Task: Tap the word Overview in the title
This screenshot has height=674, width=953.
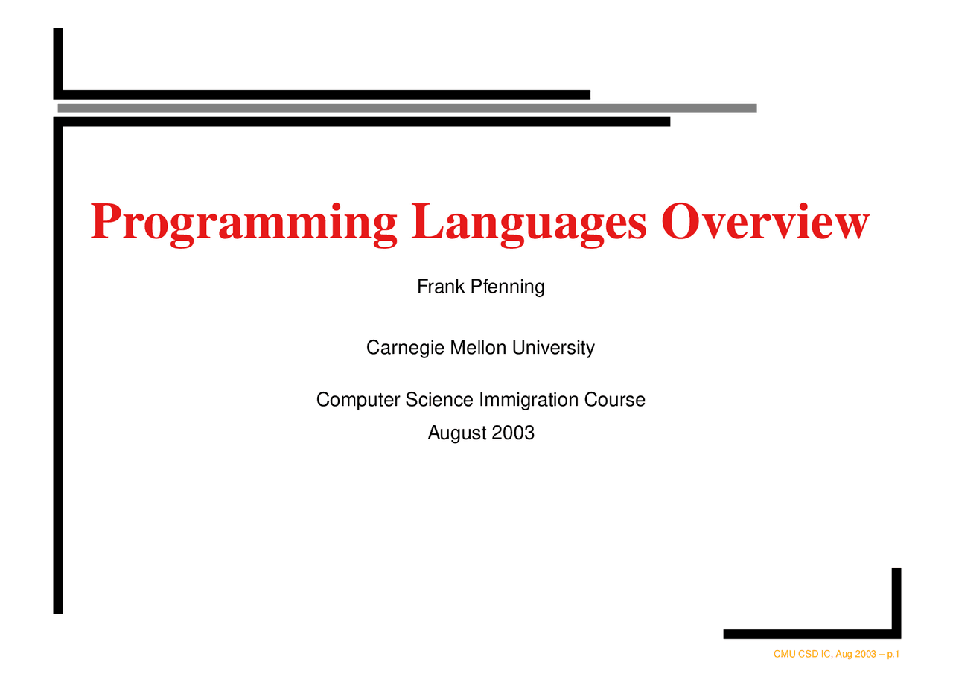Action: pos(765,222)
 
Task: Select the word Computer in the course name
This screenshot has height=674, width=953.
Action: pos(358,401)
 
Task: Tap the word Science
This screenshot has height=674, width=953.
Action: pos(439,400)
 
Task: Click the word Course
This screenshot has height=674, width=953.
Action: pos(615,400)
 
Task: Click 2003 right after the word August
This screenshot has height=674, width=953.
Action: pos(512,433)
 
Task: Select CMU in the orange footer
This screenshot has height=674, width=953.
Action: pos(784,655)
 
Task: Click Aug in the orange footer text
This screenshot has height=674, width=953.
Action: pos(844,655)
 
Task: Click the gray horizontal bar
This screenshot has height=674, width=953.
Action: pos(407,108)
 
